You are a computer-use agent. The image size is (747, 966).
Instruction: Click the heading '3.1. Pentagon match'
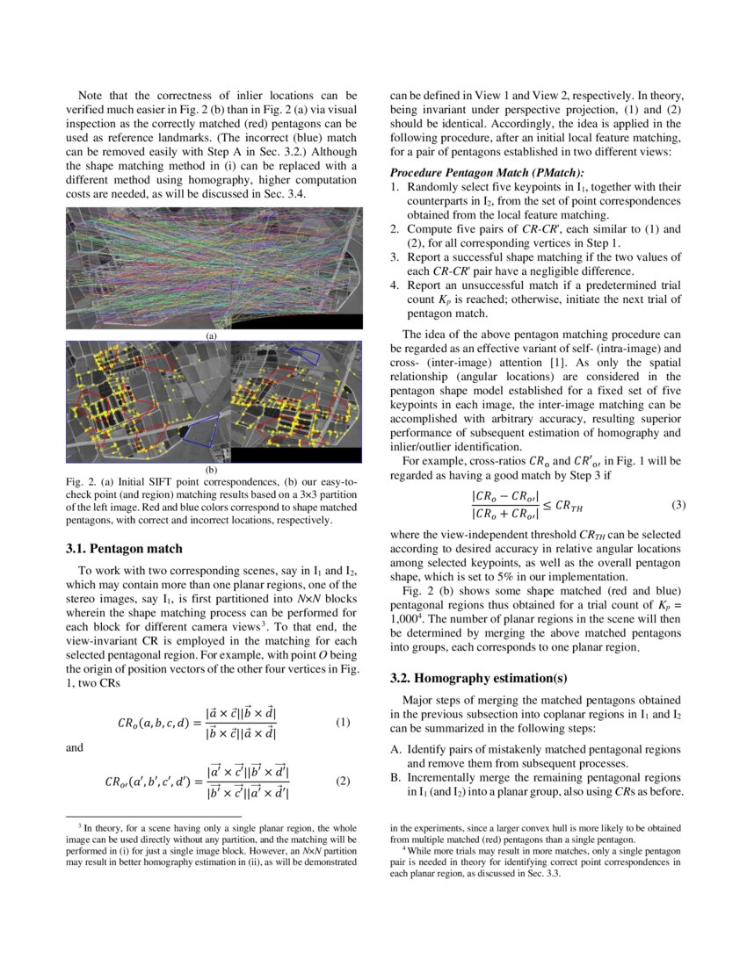click(x=124, y=549)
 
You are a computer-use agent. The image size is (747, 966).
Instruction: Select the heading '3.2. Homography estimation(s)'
click(x=478, y=678)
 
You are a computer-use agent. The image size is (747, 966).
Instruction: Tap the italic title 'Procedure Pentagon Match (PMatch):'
click(x=486, y=174)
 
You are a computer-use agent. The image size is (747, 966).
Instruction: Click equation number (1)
click(x=343, y=723)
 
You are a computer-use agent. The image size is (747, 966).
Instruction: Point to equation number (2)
click(x=343, y=780)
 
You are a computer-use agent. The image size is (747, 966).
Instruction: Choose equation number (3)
click(x=678, y=505)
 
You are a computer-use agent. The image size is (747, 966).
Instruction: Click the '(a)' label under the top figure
click(x=211, y=335)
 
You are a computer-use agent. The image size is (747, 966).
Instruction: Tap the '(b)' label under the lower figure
click(x=211, y=470)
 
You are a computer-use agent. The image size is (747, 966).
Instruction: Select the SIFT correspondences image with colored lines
click(x=214, y=267)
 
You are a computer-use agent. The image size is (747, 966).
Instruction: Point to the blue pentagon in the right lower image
click(x=307, y=353)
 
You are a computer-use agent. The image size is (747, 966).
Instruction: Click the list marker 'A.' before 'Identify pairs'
click(x=395, y=749)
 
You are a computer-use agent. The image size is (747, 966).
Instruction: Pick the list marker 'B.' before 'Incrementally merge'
click(x=395, y=777)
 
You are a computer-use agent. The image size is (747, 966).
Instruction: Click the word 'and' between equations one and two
click(x=76, y=748)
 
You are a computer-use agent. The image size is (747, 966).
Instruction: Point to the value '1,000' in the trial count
click(x=403, y=619)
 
